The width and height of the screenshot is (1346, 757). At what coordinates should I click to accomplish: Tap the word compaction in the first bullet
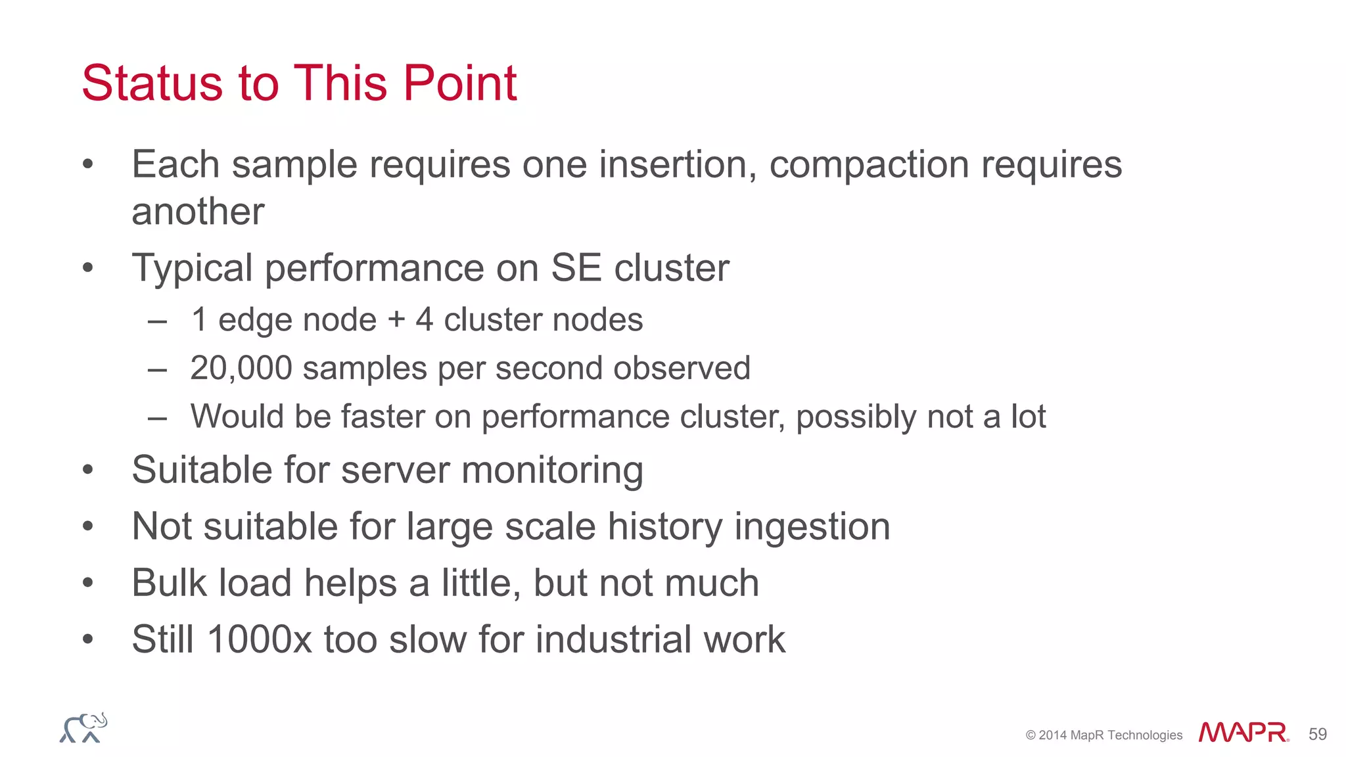pos(870,164)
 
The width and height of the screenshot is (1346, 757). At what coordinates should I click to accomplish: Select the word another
pos(198,212)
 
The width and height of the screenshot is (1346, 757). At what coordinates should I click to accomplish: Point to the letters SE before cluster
pos(576,268)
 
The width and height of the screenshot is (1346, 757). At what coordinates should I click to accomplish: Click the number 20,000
pos(241,368)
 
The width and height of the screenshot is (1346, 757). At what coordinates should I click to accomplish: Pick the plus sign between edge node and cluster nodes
pos(396,321)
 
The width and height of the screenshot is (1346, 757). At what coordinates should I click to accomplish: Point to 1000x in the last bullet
pos(259,639)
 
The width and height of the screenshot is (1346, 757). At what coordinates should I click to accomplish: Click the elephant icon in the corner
pos(83,728)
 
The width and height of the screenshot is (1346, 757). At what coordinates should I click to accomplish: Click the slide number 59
pos(1317,734)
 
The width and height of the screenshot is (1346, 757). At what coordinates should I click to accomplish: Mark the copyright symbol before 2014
pos(1031,735)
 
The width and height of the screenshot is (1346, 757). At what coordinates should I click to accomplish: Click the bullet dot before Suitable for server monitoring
pos(88,470)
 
